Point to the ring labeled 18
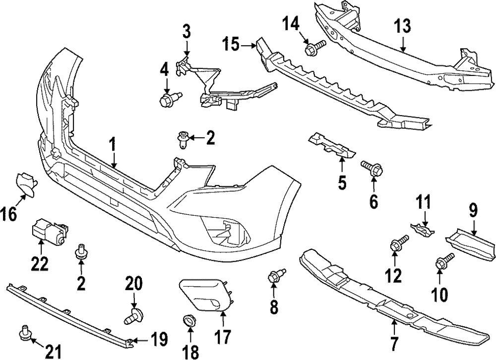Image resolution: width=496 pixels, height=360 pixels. click(x=189, y=320)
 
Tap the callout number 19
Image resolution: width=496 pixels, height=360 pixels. click(x=159, y=340)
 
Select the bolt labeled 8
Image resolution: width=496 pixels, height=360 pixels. click(x=276, y=276)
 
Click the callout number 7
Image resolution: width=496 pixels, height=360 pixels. click(x=394, y=342)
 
